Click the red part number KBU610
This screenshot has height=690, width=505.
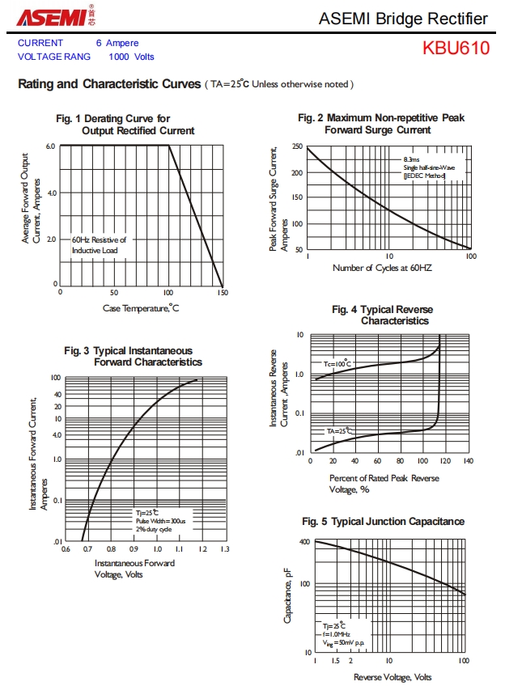coord(456,48)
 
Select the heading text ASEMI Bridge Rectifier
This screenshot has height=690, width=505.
coord(403,19)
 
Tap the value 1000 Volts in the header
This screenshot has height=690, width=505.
coord(131,57)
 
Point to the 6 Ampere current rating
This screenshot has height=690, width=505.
coord(117,43)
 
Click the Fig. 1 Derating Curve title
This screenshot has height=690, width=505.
coord(125,125)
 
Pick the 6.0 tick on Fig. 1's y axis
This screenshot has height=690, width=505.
coord(50,146)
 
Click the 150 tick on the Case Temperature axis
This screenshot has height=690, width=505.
coord(222,293)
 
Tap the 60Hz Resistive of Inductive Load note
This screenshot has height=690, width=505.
coord(99,245)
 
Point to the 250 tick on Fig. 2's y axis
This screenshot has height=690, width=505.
coord(298,146)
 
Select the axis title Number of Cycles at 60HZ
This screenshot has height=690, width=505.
coord(382,268)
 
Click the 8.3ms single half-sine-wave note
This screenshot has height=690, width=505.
coord(430,167)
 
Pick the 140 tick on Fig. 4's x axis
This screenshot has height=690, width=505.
coord(468,461)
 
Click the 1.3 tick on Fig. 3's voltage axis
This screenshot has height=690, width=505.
coord(225,550)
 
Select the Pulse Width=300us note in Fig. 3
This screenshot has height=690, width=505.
coord(160,521)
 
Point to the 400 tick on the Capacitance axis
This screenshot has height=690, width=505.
coord(304,542)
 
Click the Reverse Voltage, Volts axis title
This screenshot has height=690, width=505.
coord(393,677)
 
